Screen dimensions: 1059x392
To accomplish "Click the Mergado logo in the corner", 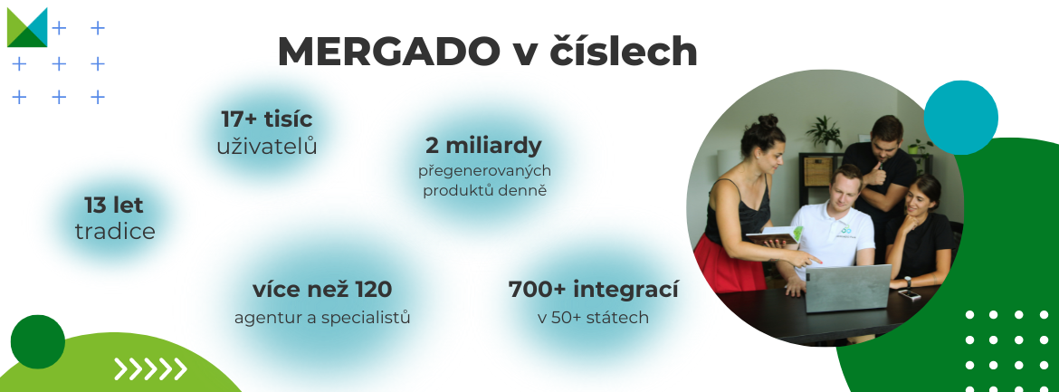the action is [x=27, y=28].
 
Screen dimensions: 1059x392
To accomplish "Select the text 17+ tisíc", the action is [x=267, y=120].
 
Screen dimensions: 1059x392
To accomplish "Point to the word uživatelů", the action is [x=267, y=146].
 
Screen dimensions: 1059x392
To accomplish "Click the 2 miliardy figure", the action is [x=483, y=146].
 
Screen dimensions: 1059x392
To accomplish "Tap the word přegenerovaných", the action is [x=484, y=172].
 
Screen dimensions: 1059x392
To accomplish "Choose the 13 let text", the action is [x=114, y=205].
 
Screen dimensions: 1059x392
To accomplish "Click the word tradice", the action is [x=115, y=232].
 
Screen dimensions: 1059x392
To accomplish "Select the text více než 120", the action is [x=322, y=290].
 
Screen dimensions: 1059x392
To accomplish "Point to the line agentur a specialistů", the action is [x=322, y=317].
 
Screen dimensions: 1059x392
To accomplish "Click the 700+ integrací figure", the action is [x=593, y=290].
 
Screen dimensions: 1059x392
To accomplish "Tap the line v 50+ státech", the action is [x=593, y=317].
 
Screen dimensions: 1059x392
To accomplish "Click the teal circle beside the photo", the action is [x=960, y=118].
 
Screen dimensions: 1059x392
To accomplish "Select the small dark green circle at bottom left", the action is [x=38, y=342].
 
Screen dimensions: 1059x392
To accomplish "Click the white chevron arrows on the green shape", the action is [x=150, y=369].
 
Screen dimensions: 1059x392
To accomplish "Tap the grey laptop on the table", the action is [x=847, y=288].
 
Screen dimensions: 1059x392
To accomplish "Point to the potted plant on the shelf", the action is [x=825, y=133].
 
